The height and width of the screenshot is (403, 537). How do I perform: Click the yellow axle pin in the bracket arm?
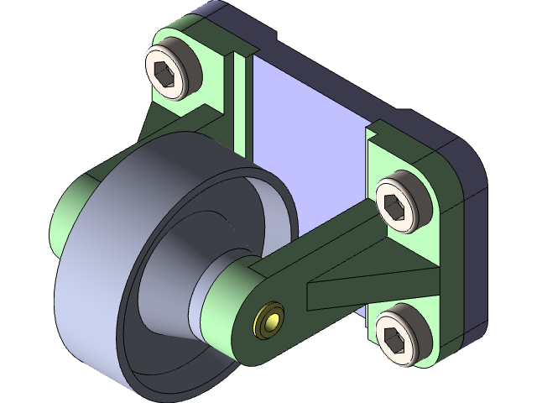(x=269, y=321)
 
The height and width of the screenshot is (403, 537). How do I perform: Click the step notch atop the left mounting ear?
(x=239, y=55)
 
